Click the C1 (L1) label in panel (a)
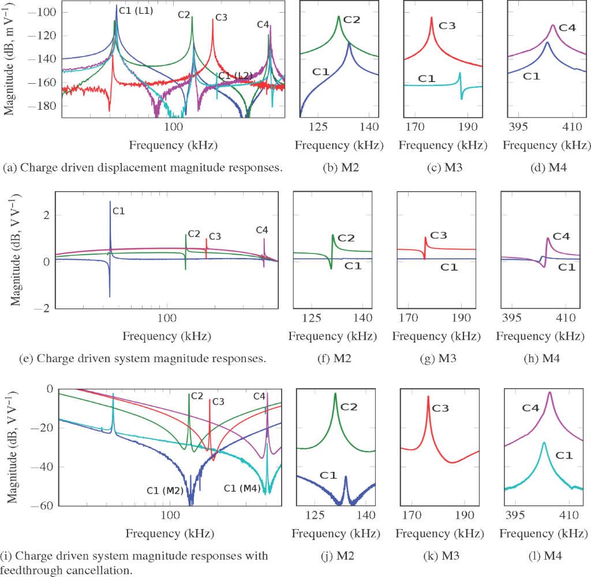coord(136,10)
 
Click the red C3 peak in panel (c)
coord(431,18)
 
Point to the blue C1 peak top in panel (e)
coord(110,202)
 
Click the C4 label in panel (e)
coord(262,230)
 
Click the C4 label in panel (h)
coord(562,236)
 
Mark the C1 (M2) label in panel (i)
coord(165,490)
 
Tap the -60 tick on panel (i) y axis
coord(43,506)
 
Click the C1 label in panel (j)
coord(328,475)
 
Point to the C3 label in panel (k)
coord(440,408)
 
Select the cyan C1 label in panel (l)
coord(564,455)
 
